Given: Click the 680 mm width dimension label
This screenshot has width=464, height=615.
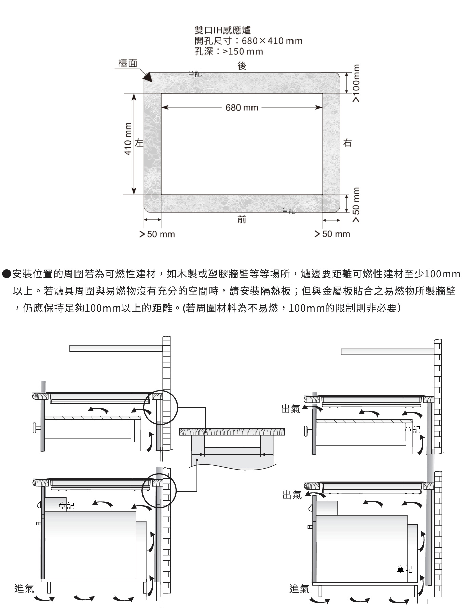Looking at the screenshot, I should tap(242, 108).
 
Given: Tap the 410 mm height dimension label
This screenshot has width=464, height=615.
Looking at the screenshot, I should tap(128, 139).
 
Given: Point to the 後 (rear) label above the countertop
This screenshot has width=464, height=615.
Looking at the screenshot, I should tap(242, 66).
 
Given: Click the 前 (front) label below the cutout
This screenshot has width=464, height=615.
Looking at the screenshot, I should tap(242, 219).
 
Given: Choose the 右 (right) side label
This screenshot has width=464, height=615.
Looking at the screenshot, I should tap(347, 142).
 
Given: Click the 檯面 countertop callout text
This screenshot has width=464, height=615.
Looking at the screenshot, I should tap(128, 63).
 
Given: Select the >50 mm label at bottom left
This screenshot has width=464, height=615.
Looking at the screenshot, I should tap(157, 234).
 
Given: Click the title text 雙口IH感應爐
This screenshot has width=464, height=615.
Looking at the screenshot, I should tap(223, 30).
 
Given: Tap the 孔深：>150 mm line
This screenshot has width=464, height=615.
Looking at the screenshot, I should tap(229, 52).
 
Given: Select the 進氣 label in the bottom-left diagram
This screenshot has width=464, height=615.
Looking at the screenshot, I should tap(24, 588).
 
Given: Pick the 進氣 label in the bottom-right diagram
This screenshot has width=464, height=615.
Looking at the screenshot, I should tap(299, 589).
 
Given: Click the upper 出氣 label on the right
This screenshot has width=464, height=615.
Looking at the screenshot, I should tap(290, 409).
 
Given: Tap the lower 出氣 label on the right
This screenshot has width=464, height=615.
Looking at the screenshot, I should tap(292, 495).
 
